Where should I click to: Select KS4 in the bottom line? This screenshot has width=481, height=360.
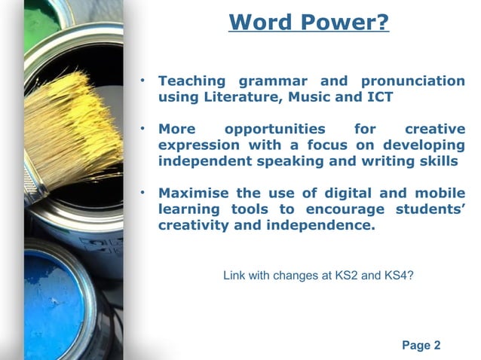[x=397, y=276]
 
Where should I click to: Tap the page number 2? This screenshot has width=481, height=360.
[x=437, y=346]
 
